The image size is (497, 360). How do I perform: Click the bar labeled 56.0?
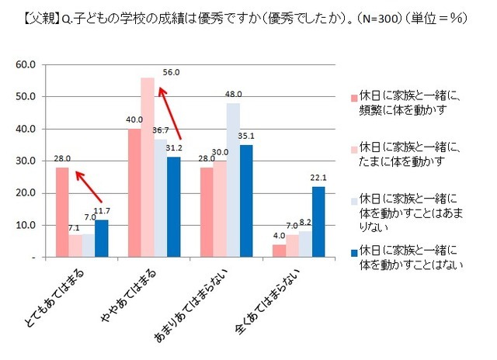[x=147, y=167]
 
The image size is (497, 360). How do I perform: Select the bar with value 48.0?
[x=233, y=180]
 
